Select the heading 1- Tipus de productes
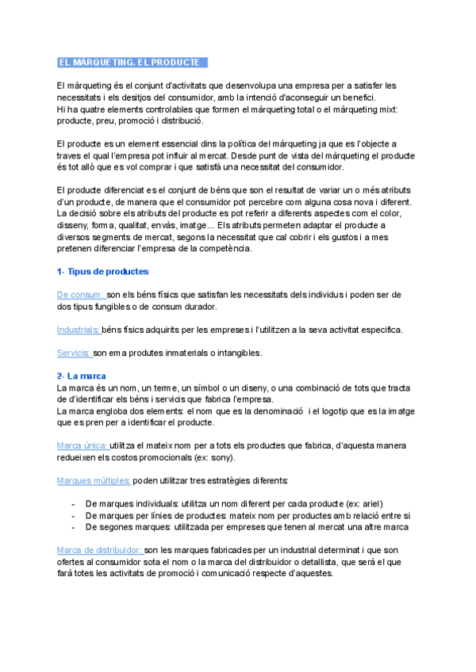(103, 272)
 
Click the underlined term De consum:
(81, 294)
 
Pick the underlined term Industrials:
(79, 330)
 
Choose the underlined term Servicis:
(74, 353)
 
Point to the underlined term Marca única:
(83, 445)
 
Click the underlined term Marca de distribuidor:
(100, 549)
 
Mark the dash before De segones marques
(73, 526)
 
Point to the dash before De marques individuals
(73, 503)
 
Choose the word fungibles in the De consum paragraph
(121, 306)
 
